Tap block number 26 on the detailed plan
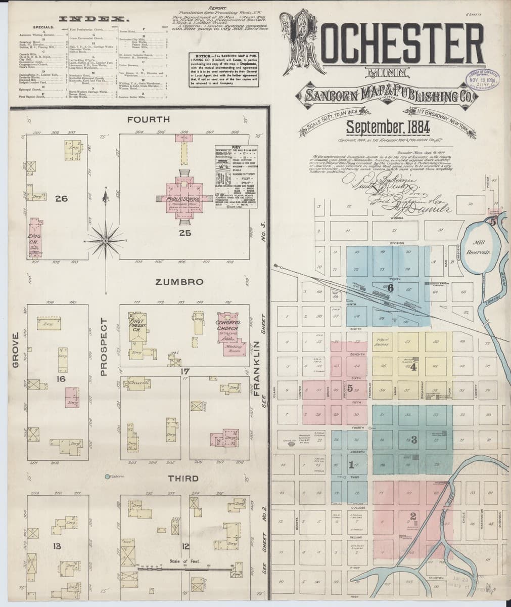pyautogui.click(x=62, y=199)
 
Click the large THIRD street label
pyautogui.click(x=183, y=478)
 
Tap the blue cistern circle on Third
pyautogui.click(x=107, y=476)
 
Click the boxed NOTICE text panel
pyautogui.click(x=225, y=69)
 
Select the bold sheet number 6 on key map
pyautogui.click(x=390, y=288)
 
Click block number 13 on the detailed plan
pyautogui.click(x=57, y=546)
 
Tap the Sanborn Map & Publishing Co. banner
pyautogui.click(x=387, y=95)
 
